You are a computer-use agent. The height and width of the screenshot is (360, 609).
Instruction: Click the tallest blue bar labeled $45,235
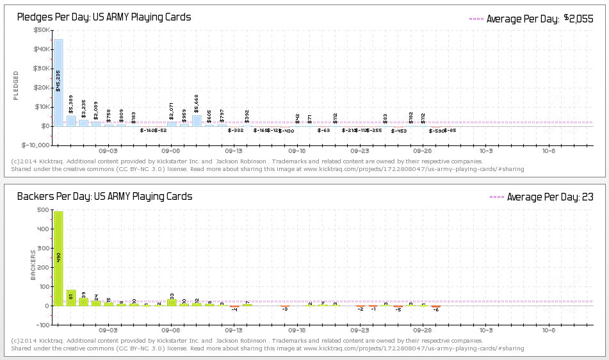click(x=58, y=83)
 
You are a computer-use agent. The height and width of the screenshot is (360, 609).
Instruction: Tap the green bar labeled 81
click(x=71, y=298)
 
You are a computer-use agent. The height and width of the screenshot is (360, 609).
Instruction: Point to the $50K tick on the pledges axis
click(x=42, y=30)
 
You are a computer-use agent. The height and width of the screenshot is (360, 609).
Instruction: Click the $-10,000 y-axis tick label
click(x=36, y=145)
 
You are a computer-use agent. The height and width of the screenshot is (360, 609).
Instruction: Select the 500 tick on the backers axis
click(x=43, y=209)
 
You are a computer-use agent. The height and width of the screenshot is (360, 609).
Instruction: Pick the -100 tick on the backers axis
click(x=42, y=325)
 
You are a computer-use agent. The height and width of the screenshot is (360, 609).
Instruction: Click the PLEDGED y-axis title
click(x=16, y=85)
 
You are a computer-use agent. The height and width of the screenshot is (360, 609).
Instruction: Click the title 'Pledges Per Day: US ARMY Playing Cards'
click(x=104, y=17)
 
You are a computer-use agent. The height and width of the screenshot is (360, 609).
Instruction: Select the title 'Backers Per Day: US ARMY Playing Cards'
click(x=104, y=197)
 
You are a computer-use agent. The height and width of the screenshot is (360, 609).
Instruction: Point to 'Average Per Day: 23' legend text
click(x=550, y=197)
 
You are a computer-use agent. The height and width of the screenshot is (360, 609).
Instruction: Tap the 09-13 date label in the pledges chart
click(x=234, y=151)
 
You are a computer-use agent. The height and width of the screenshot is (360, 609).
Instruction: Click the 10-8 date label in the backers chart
click(x=549, y=331)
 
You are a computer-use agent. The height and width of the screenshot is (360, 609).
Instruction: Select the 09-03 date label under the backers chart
click(x=109, y=331)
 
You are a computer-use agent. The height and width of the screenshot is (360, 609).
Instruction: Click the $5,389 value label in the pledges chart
click(x=71, y=104)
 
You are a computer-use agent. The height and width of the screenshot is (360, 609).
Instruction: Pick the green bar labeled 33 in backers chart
click(x=172, y=302)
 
